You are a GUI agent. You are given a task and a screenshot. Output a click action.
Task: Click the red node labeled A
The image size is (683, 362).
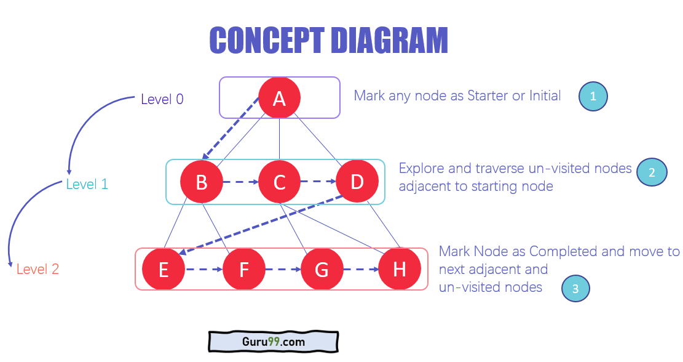279,98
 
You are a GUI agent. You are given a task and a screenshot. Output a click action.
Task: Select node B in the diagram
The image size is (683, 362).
201,182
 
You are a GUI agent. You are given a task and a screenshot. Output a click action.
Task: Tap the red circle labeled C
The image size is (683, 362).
279,182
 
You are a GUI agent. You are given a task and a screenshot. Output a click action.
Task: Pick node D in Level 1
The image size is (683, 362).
357,182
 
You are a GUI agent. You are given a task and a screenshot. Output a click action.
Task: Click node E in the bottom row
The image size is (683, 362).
164,269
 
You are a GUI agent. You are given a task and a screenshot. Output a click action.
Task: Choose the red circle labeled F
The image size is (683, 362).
243,269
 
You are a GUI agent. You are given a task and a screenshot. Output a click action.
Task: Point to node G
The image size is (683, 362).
322,269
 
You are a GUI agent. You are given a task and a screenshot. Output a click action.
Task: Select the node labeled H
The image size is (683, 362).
400,269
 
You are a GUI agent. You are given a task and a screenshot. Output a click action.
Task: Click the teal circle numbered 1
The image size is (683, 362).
593,97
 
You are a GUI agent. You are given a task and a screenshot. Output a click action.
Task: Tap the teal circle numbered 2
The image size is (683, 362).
652,172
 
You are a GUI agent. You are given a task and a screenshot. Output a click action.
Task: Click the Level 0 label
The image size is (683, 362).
162,99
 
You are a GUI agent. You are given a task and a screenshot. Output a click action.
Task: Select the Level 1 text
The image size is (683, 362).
87,184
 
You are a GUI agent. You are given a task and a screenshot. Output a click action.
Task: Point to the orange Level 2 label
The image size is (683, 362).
38,269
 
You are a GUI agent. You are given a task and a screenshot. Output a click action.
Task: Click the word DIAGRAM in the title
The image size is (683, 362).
389,41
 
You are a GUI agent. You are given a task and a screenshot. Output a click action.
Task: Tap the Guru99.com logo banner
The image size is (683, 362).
273,341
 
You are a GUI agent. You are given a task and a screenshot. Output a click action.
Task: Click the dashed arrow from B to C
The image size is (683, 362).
240,182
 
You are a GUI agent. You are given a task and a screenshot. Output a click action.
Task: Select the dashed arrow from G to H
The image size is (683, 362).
360,269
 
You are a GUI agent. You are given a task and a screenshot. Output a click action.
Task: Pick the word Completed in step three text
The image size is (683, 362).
563,251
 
